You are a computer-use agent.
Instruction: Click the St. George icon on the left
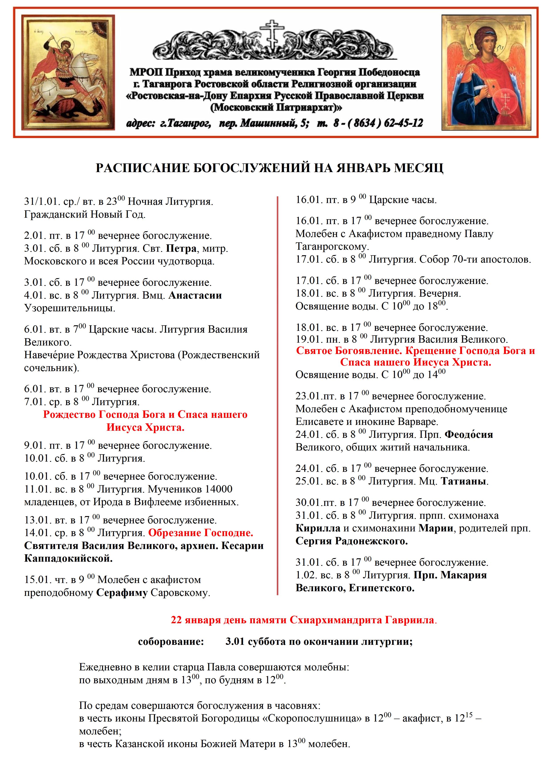pyautogui.click(x=68, y=72)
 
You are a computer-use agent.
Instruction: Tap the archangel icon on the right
pyautogui.click(x=486, y=72)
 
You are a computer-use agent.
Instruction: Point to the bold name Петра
pyautogui.click(x=181, y=249)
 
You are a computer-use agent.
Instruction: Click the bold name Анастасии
pyautogui.click(x=195, y=296)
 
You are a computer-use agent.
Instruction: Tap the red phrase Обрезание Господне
pyautogui.click(x=200, y=533)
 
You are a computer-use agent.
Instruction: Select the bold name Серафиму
pyautogui.click(x=122, y=593)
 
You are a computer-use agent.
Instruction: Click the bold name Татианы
pyautogui.click(x=464, y=481)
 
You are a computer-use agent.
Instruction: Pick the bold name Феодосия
pyautogui.click(x=469, y=434)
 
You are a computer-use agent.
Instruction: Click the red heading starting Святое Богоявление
pyautogui.click(x=415, y=351)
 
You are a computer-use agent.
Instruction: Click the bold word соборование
pyautogui.click(x=171, y=642)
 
